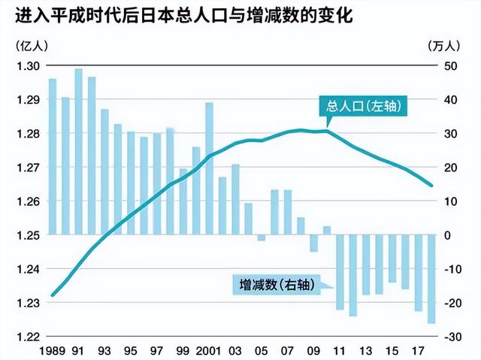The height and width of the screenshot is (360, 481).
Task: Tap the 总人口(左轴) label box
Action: tap(366, 106)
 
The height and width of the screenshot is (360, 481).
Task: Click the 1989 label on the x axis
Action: tap(52, 350)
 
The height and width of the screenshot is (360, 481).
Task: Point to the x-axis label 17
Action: tap(418, 350)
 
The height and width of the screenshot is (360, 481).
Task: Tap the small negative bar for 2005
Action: tap(261, 238)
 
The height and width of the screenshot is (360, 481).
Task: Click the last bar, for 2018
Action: tap(431, 279)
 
